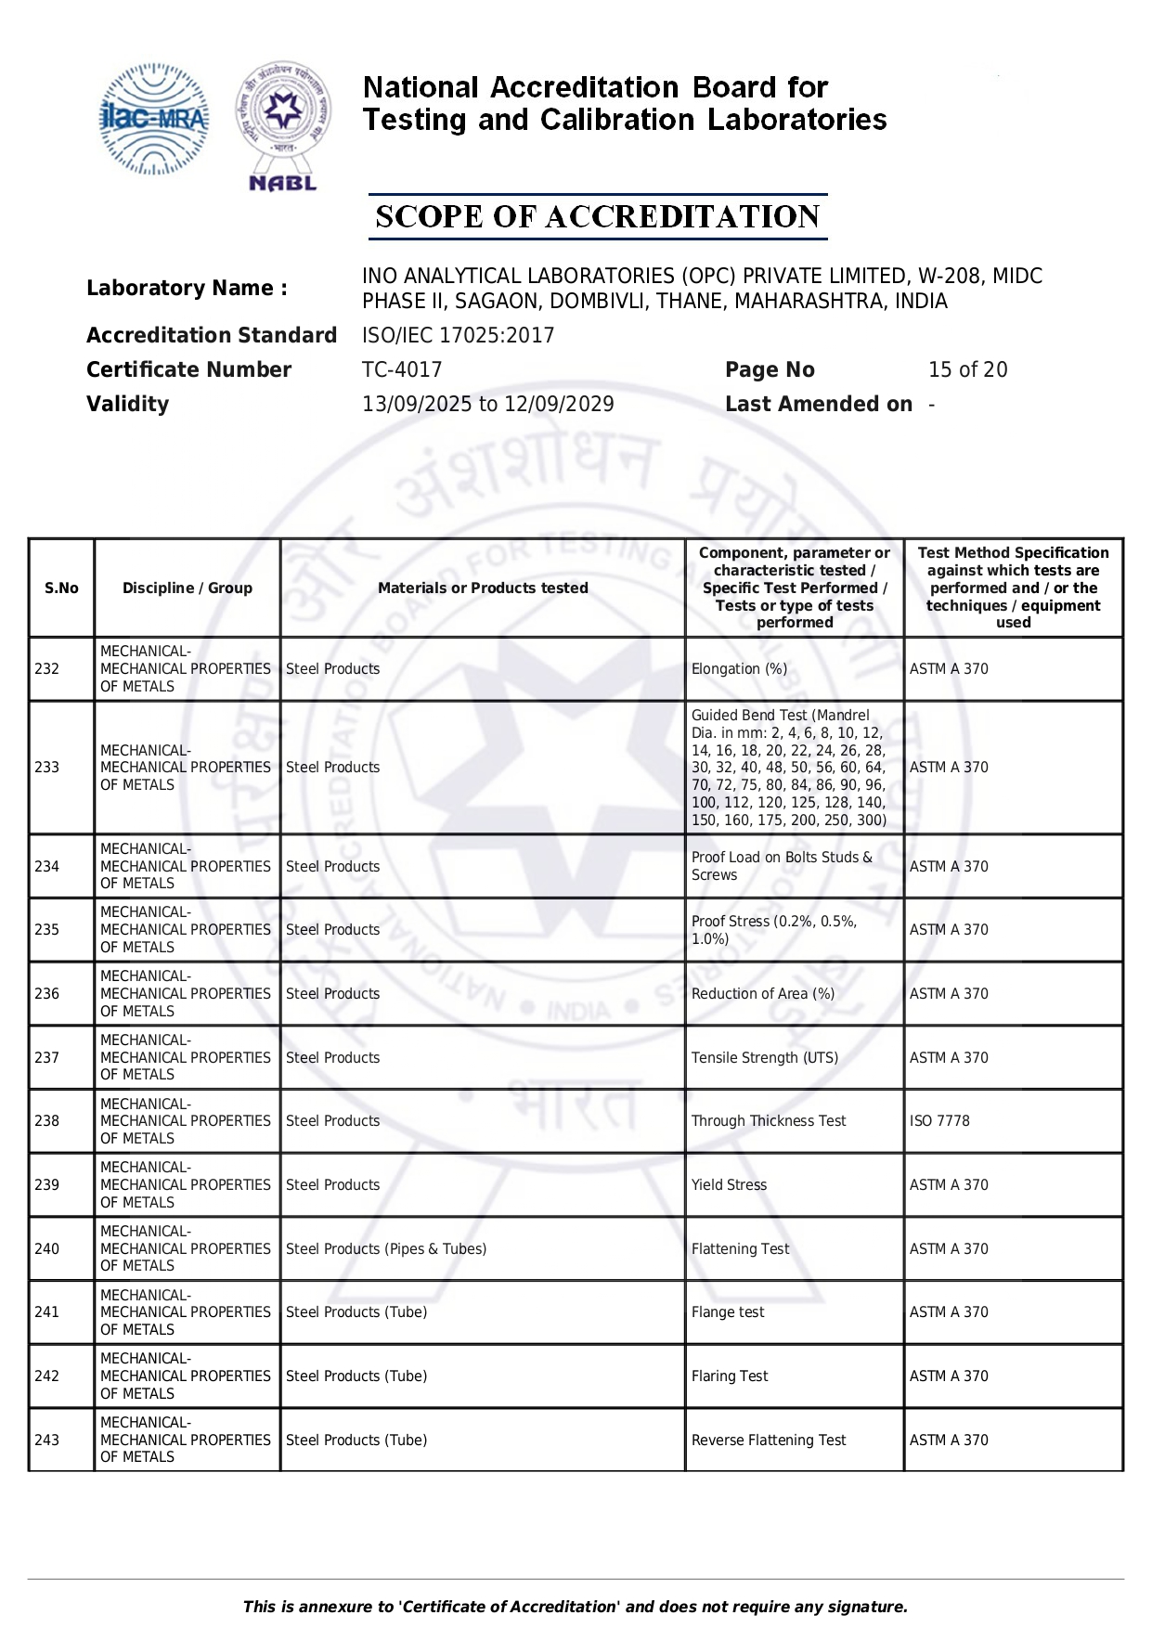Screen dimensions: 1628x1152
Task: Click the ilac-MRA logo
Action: pyautogui.click(x=153, y=119)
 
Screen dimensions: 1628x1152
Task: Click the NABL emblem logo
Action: pyautogui.click(x=283, y=125)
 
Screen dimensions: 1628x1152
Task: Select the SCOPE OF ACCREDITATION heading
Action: pyautogui.click(x=597, y=217)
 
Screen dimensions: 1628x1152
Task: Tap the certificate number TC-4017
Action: pyautogui.click(x=402, y=369)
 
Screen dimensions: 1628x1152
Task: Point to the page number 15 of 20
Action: pyautogui.click(x=967, y=369)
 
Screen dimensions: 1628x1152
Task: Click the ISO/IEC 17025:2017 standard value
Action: pyautogui.click(x=458, y=335)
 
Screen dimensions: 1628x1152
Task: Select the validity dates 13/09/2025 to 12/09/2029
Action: pyautogui.click(x=487, y=404)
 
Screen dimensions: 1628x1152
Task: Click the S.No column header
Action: pyautogui.click(x=61, y=588)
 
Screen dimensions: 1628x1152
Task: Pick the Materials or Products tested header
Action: pyautogui.click(x=483, y=588)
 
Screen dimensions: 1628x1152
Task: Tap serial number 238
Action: pyautogui.click(x=46, y=1120)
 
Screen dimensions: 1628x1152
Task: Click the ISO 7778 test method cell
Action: pyautogui.click(x=939, y=1120)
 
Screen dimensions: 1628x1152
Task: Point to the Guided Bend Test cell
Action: pyautogui.click(x=789, y=768)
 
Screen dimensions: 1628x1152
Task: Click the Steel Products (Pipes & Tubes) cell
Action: pyautogui.click(x=386, y=1248)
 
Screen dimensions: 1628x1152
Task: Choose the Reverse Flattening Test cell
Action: pyautogui.click(x=769, y=1440)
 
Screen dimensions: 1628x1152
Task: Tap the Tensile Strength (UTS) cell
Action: pyautogui.click(x=765, y=1057)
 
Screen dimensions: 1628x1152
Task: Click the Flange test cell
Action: pyautogui.click(x=728, y=1311)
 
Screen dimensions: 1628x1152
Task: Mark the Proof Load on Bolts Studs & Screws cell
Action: pyautogui.click(x=782, y=866)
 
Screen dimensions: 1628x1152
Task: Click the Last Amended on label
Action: pyautogui.click(x=818, y=404)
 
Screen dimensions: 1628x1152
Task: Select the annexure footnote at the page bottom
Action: pyautogui.click(x=576, y=1607)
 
